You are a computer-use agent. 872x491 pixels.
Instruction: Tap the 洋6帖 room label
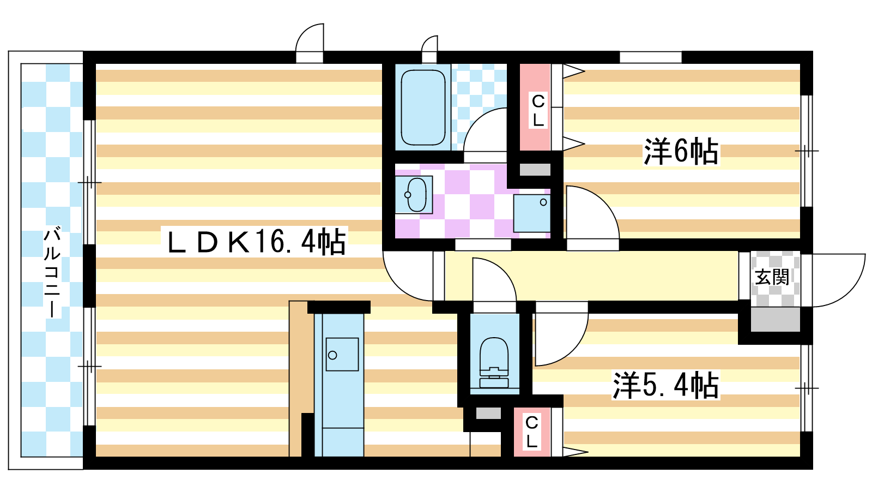click(681, 151)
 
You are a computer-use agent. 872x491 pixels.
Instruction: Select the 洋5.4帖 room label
click(665, 386)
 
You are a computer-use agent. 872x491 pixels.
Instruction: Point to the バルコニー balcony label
click(52, 273)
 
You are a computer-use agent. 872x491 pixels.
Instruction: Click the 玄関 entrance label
click(772, 277)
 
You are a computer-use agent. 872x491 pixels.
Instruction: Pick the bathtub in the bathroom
click(423, 107)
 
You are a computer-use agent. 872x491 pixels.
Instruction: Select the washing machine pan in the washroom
click(532, 213)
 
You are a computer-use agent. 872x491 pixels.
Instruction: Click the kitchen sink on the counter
click(342, 355)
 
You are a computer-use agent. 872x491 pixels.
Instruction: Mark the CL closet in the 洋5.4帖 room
click(531, 431)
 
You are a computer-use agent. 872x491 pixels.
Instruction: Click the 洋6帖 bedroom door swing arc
click(591, 215)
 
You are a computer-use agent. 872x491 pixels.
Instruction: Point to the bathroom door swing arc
click(485, 131)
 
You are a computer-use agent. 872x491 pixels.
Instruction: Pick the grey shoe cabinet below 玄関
click(775, 319)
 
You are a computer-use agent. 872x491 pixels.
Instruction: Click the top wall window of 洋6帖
click(650, 57)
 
